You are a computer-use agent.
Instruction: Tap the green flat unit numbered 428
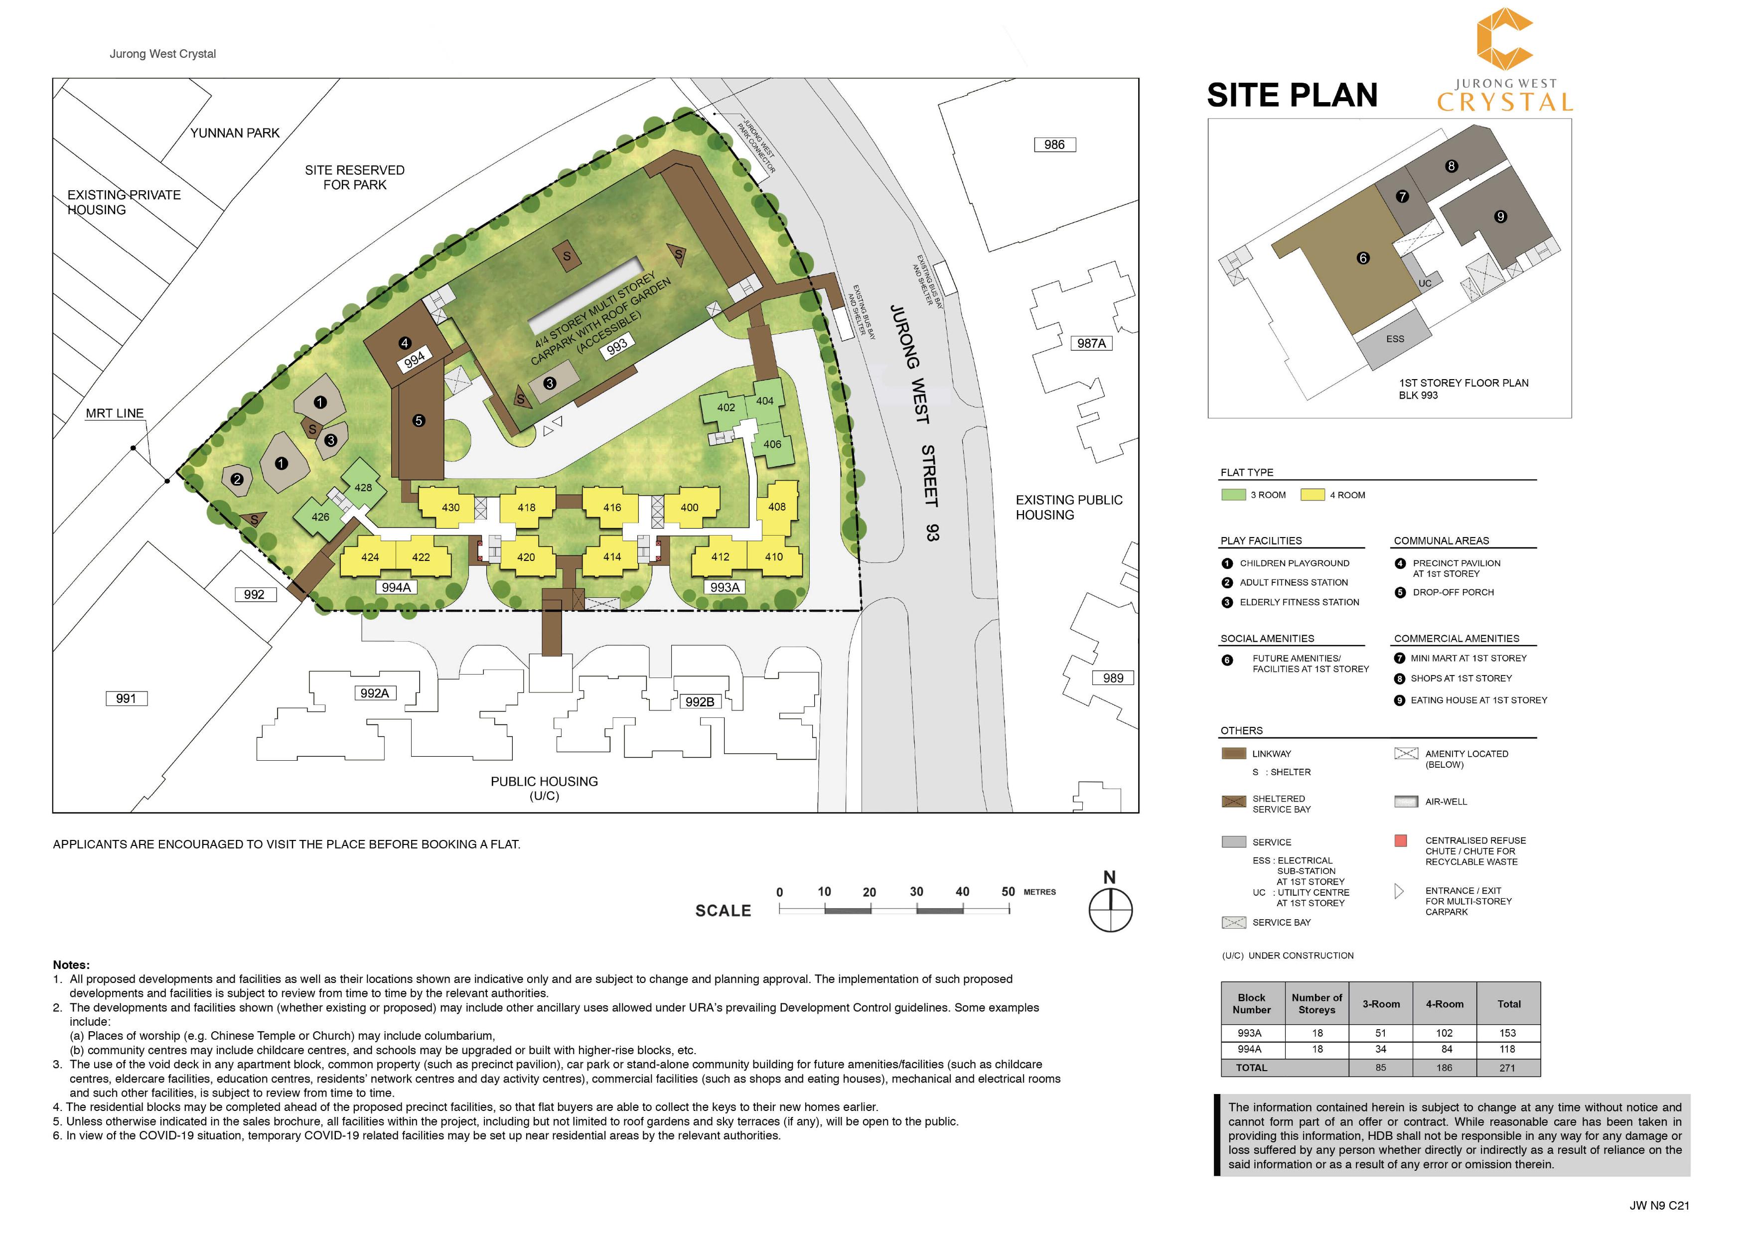coord(363,487)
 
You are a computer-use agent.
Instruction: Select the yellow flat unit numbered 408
coord(776,507)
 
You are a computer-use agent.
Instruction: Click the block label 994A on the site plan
coord(396,587)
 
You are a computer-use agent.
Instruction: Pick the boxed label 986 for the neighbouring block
coord(1054,144)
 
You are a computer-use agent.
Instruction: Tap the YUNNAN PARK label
coord(235,133)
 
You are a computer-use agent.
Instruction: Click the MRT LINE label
coord(114,413)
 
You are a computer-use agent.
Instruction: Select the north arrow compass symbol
coord(1110,910)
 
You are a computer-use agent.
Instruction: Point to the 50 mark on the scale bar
coord(1008,892)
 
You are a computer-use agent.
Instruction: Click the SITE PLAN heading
coord(1292,95)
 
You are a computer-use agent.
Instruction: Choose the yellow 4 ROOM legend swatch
coord(1312,495)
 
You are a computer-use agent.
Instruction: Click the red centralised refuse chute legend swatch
coord(1400,841)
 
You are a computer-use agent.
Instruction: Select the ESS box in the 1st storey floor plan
coord(1395,339)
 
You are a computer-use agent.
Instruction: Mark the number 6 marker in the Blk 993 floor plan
coord(1363,258)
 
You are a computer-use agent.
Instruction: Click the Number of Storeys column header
coord(1316,1004)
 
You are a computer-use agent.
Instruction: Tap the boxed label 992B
coord(700,702)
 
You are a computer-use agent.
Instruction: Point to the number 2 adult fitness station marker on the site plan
coord(237,479)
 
